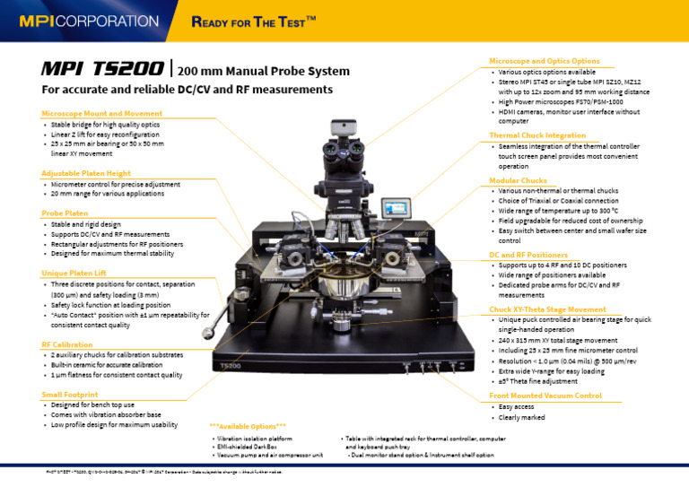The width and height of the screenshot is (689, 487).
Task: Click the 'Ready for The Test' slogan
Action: pos(254,21)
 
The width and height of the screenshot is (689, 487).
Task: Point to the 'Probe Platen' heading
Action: pos(65,213)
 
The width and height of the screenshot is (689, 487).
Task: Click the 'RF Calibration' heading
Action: pos(66,344)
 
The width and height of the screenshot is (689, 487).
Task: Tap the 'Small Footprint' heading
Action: pos(69,394)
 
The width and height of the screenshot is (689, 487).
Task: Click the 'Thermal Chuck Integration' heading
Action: pos(537,135)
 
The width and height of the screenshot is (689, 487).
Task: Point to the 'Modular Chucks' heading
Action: pos(518,180)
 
